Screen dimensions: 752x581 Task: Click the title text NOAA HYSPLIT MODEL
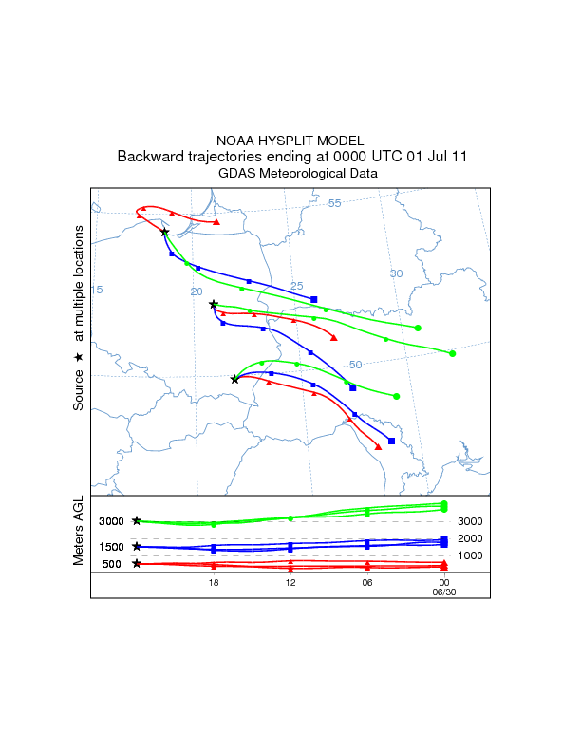pyautogui.click(x=290, y=141)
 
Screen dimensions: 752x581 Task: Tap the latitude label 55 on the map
pyautogui.click(x=334, y=203)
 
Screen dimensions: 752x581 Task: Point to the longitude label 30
pyautogui.click(x=397, y=273)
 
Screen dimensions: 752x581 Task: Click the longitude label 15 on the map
pyautogui.click(x=96, y=290)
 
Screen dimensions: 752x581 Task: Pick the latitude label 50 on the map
pyautogui.click(x=355, y=365)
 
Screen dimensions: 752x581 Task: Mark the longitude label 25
pyautogui.click(x=296, y=286)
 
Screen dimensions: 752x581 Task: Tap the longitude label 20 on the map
pyautogui.click(x=197, y=291)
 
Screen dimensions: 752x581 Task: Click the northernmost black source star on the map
pyautogui.click(x=164, y=232)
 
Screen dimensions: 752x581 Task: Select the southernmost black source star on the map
pyautogui.click(x=234, y=379)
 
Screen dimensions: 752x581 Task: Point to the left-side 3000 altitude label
pyautogui.click(x=112, y=521)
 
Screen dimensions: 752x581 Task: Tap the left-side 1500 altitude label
pyautogui.click(x=112, y=547)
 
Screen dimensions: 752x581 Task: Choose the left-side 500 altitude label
pyautogui.click(x=112, y=564)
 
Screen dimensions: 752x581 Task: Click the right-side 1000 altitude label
pyautogui.click(x=471, y=555)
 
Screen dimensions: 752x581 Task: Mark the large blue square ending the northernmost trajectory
pyautogui.click(x=314, y=300)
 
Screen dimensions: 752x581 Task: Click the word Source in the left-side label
pyautogui.click(x=80, y=390)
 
